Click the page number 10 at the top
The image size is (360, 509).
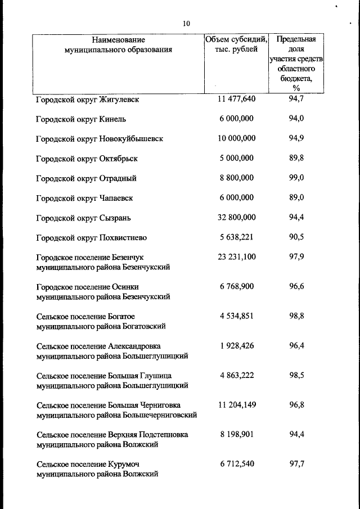186,24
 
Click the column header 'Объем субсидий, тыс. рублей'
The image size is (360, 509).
236,44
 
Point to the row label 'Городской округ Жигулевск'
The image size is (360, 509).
87,100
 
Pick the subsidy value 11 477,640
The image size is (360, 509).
236,99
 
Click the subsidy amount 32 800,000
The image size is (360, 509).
236,217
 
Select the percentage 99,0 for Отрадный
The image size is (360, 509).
296,178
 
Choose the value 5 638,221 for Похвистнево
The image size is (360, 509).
236,237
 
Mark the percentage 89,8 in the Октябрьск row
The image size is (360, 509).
296,158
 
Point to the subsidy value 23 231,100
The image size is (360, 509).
236,256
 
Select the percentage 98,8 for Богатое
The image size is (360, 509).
296,316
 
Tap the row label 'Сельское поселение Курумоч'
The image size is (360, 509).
87,464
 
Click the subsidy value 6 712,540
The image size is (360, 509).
236,463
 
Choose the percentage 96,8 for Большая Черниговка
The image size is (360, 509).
296,404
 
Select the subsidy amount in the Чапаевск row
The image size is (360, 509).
236,197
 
